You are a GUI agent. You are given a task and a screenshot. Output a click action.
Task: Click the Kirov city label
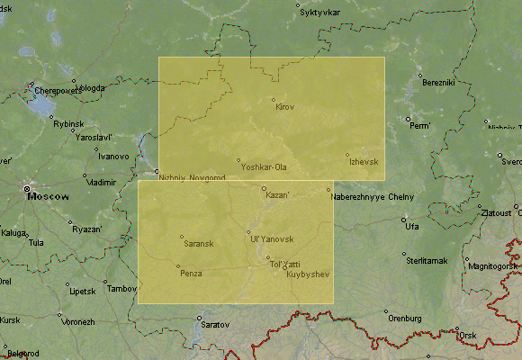[284, 108]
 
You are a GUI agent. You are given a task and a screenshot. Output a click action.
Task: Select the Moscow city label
[50, 195]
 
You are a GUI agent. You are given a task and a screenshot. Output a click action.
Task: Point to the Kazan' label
[277, 195]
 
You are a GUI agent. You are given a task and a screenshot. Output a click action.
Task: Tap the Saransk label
[198, 244]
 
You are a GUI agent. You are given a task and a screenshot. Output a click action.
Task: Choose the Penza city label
[191, 273]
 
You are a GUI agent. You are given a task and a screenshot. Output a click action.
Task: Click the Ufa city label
[412, 226]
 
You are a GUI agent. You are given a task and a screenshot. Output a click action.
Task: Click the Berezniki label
[439, 83]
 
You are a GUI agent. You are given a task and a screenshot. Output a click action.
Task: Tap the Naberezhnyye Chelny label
[370, 196]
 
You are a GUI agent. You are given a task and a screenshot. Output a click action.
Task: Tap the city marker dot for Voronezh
[60, 313]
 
